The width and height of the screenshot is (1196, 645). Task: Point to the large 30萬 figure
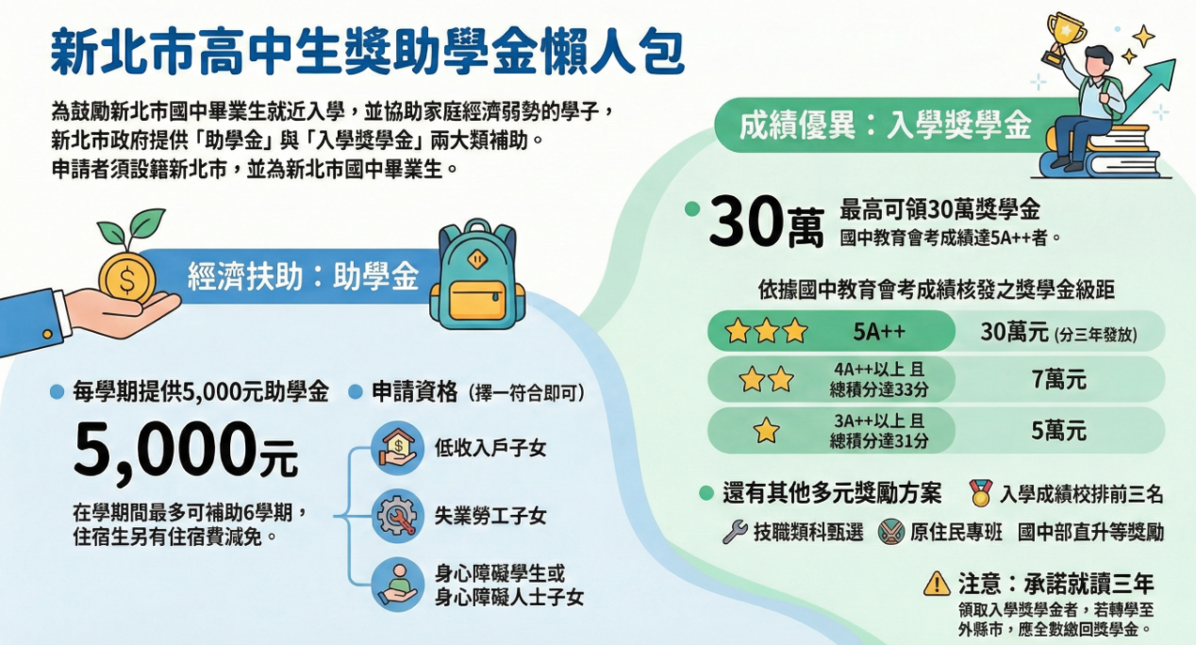pyautogui.click(x=766, y=223)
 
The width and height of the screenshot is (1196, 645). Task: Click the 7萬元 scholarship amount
pyautogui.click(x=1058, y=380)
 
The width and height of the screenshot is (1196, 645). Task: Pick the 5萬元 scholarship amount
pyautogui.click(x=1058, y=431)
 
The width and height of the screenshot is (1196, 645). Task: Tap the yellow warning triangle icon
pyautogui.click(x=937, y=583)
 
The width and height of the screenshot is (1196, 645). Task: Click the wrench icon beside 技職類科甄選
pyautogui.click(x=735, y=532)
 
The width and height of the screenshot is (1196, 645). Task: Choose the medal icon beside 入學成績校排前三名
pyautogui.click(x=981, y=492)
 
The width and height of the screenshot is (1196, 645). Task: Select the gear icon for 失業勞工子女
pyautogui.click(x=396, y=516)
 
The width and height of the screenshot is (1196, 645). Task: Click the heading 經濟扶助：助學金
pyautogui.click(x=302, y=275)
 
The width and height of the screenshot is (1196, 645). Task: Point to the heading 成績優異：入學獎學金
pyautogui.click(x=885, y=126)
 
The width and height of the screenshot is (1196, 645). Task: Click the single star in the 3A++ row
pyautogui.click(x=766, y=431)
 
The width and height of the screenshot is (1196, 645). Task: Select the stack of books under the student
pyautogui.click(x=1099, y=151)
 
